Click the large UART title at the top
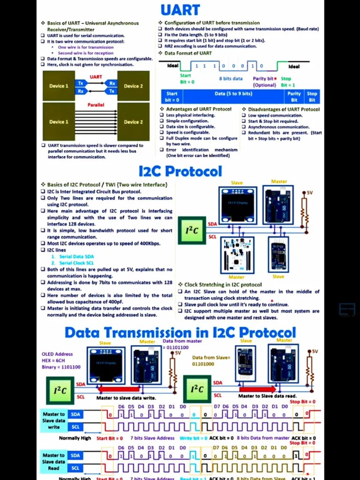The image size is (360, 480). point(180,10)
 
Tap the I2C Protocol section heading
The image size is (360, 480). point(180,171)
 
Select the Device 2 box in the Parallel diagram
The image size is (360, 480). point(133,122)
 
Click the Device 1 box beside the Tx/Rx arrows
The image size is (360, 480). point(59,86)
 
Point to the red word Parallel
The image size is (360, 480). point(96,105)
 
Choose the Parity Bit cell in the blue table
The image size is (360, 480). point(294,97)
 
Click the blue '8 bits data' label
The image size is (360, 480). point(231,79)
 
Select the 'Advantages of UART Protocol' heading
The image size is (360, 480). point(199,109)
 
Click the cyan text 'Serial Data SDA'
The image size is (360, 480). point(76,256)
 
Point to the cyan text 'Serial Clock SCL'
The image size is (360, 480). point(76,263)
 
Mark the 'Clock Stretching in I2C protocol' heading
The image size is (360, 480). point(223,285)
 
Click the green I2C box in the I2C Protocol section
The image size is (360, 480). point(192,230)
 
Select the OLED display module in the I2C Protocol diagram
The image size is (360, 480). point(238,205)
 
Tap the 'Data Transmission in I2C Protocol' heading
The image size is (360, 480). point(180,332)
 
